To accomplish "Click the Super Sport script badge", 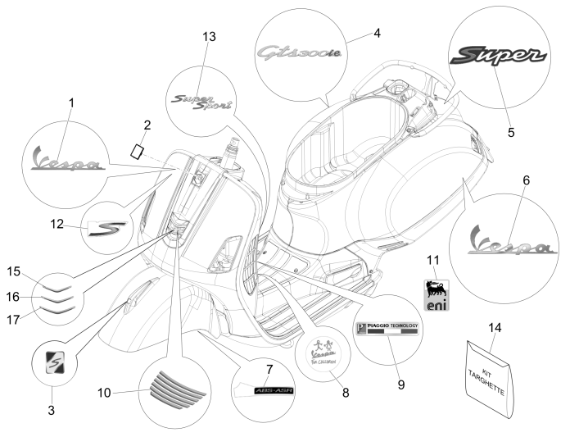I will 201,101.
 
